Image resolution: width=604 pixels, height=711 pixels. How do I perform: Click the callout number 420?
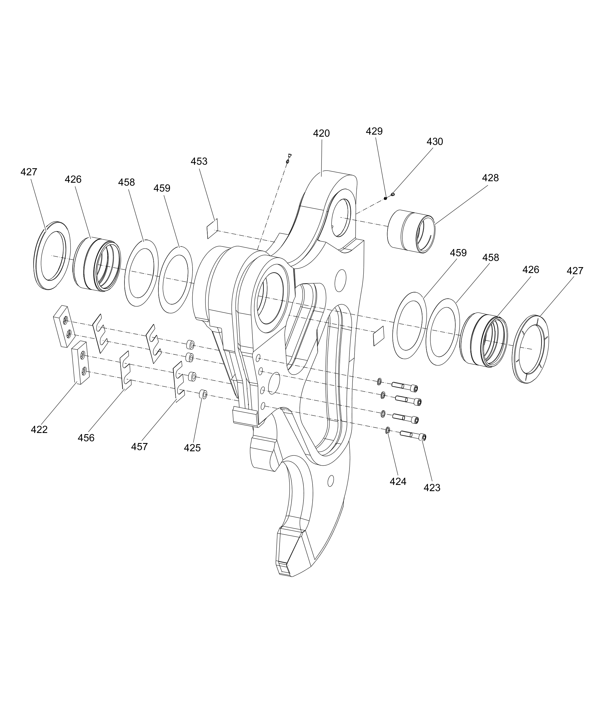[x=321, y=134]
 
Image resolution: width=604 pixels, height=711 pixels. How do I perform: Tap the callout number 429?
[x=374, y=131]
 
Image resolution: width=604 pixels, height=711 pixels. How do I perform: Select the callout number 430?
[x=434, y=141]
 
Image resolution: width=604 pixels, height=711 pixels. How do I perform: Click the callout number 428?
[x=490, y=178]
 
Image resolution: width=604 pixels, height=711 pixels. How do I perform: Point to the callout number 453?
[x=199, y=161]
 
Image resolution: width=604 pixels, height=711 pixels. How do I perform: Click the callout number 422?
[x=39, y=430]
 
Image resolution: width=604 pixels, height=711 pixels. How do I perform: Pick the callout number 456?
[x=86, y=438]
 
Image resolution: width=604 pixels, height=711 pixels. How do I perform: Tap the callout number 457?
[x=139, y=447]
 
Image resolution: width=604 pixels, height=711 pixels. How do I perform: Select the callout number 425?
[x=192, y=448]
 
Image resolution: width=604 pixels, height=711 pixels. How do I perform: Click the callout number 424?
[x=398, y=481]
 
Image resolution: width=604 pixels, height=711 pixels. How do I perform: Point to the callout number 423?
[x=432, y=488]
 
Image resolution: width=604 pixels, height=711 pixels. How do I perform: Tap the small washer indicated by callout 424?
[x=388, y=430]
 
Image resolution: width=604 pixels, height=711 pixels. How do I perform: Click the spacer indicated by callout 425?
[x=203, y=394]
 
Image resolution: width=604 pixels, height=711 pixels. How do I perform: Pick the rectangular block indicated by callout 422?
[x=81, y=362]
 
